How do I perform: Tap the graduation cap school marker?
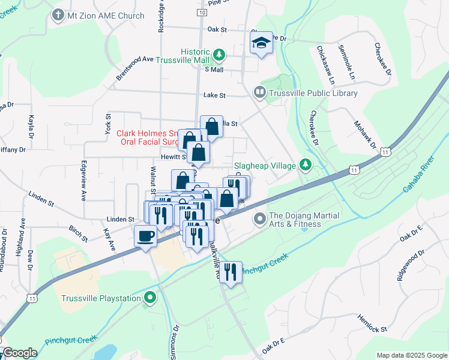(261, 43)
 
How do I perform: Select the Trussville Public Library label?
(313, 93)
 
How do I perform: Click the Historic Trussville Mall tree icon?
(219, 56)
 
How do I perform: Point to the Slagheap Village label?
(265, 166)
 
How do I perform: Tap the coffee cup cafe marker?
(145, 236)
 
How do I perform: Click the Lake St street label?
(214, 95)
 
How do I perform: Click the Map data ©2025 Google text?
(411, 355)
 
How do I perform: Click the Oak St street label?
(216, 28)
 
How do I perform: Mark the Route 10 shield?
(202, 12)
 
